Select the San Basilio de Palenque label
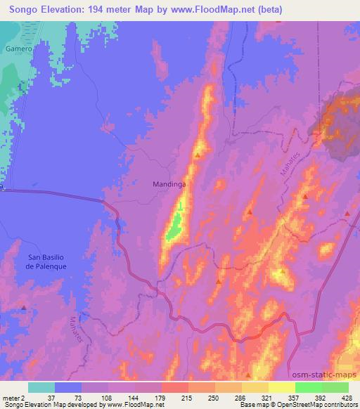(x=46, y=261)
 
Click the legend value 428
(x=349, y=398)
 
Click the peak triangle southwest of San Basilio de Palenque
(x=25, y=308)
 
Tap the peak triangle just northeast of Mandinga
(x=198, y=155)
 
